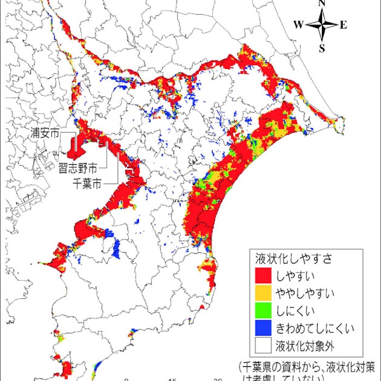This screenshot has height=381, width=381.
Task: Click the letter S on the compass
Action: pyautogui.click(x=322, y=48)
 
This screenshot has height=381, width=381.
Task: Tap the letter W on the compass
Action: pyautogui.click(x=298, y=25)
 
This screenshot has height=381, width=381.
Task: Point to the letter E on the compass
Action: pyautogui.click(x=343, y=25)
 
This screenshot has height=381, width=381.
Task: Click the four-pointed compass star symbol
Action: pyautogui.click(x=322, y=25)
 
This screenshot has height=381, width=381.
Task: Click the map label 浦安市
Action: pyautogui.click(x=45, y=132)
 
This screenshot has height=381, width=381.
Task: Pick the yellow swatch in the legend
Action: pyautogui.click(x=264, y=291)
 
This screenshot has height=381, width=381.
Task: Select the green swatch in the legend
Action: pyautogui.click(x=264, y=309)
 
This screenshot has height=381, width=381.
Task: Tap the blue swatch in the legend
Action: pyautogui.click(x=264, y=328)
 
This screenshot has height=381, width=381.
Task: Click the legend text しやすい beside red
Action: pyautogui.click(x=296, y=272)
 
